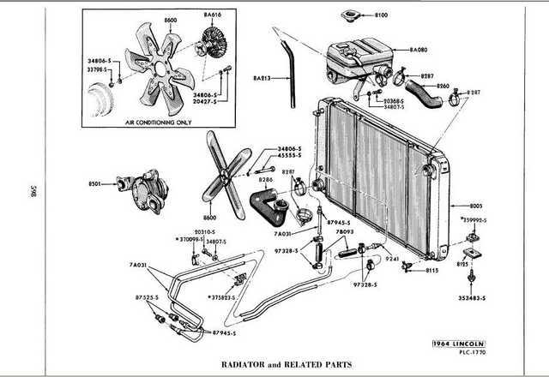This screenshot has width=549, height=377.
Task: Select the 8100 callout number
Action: tap(382, 15)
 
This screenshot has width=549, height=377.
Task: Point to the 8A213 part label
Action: tap(262, 79)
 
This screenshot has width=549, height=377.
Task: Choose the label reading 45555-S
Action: tap(291, 155)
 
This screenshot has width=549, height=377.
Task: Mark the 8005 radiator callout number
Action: tap(477, 206)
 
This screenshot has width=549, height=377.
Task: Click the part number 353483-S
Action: tap(471, 297)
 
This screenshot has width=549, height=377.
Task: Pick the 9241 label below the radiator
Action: tap(392, 259)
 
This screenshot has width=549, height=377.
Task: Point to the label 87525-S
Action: tap(136, 297)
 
